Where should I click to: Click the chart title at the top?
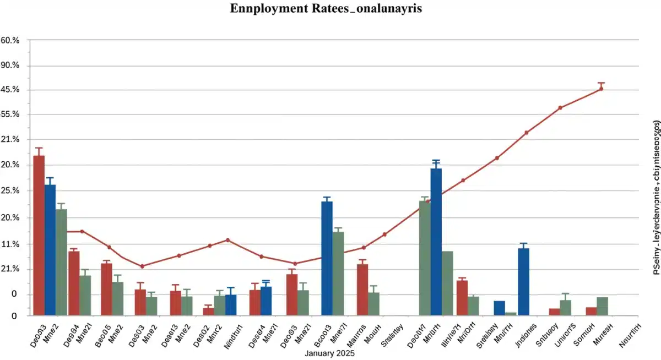[330, 9]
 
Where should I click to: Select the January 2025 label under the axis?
[330, 353]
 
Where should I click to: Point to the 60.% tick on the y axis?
[10, 41]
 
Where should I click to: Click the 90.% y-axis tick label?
[10, 66]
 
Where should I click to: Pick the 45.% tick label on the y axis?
[10, 90]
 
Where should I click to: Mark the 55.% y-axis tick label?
[10, 114]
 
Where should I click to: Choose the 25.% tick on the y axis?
[10, 191]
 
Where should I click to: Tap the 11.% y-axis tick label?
[10, 244]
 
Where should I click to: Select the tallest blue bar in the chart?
[436, 242]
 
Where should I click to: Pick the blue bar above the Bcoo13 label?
[327, 259]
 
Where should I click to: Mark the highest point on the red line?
[601, 89]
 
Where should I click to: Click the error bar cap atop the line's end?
[601, 83]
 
